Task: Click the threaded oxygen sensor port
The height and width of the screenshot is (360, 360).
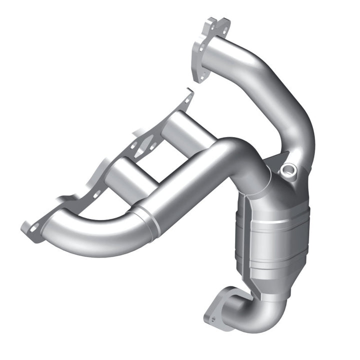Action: coord(288,171)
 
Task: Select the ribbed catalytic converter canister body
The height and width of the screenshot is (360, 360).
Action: coord(272,235)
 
